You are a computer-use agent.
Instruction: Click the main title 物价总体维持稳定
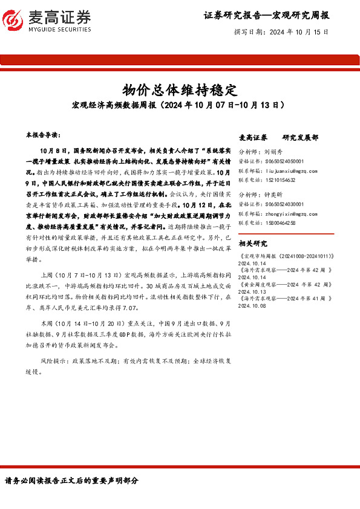point(179,90)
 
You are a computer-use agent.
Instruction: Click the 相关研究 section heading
point(253,244)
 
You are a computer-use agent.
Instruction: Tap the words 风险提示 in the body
point(52,360)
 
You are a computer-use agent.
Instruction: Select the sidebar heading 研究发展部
point(300,138)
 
